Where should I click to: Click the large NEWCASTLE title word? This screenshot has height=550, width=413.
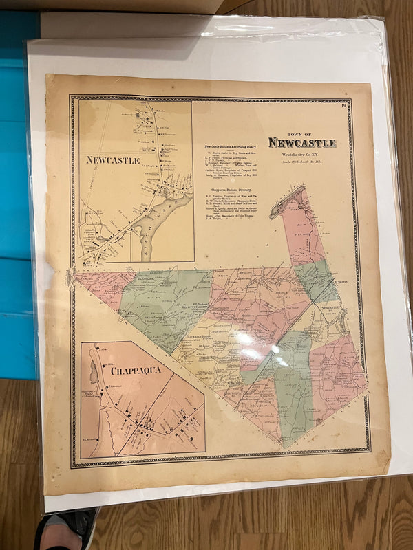302,143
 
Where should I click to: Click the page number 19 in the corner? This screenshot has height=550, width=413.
342,105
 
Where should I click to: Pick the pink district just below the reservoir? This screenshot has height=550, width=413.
303,234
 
